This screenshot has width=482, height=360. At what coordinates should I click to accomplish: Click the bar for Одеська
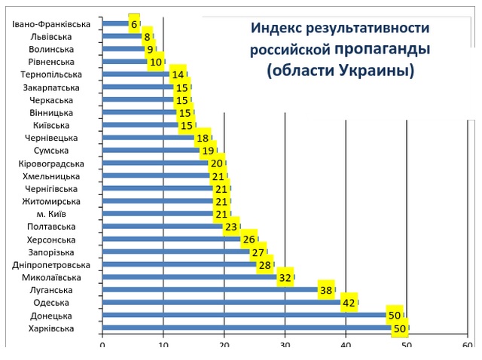pyautogui.click(x=222, y=303)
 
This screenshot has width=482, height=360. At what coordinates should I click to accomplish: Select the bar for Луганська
pyautogui.click(x=211, y=290)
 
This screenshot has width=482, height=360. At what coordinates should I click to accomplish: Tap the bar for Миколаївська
pyautogui.click(x=188, y=277)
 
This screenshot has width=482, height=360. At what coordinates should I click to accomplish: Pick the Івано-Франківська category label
pyautogui.click(x=52, y=24)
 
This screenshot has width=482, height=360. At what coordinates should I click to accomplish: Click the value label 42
pyautogui.click(x=349, y=303)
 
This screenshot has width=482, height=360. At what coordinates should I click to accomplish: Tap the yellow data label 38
pyautogui.click(x=325, y=290)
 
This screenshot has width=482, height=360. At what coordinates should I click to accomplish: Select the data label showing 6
pyautogui.click(x=135, y=24)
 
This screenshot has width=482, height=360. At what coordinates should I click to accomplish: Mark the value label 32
pyautogui.click(x=285, y=277)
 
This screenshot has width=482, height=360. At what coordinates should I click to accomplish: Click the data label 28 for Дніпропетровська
pyautogui.click(x=264, y=265)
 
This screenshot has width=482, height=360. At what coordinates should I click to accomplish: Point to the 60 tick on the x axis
pyautogui.click(x=468, y=346)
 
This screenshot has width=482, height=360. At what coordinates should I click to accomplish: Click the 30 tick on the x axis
pyautogui.click(x=285, y=346)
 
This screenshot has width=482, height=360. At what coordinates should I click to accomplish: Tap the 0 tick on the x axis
pyautogui.click(x=102, y=346)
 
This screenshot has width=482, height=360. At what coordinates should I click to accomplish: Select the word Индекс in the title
pyautogui.click(x=277, y=29)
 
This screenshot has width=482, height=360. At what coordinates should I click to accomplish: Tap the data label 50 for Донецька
pyautogui.click(x=394, y=316)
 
